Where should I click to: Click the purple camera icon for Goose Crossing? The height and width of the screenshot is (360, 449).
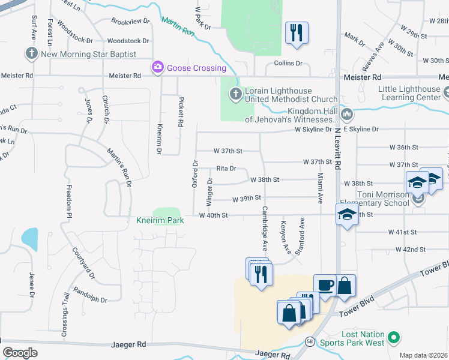pos(158,67)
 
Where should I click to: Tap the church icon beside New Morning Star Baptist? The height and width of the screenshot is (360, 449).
pos(32,54)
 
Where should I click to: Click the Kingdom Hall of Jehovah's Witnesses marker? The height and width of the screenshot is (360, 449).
pos(346,114)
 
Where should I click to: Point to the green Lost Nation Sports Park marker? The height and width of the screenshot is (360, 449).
pos(394,338)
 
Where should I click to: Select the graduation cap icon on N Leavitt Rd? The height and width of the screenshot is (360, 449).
pos(347,214)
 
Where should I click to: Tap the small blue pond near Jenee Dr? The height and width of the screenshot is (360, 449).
pos(29,238)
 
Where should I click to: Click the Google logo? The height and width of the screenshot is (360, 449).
pos(20,352)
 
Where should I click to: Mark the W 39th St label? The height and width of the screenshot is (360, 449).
pos(247,197)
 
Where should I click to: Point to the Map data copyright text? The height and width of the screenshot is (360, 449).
pos(423,355)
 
